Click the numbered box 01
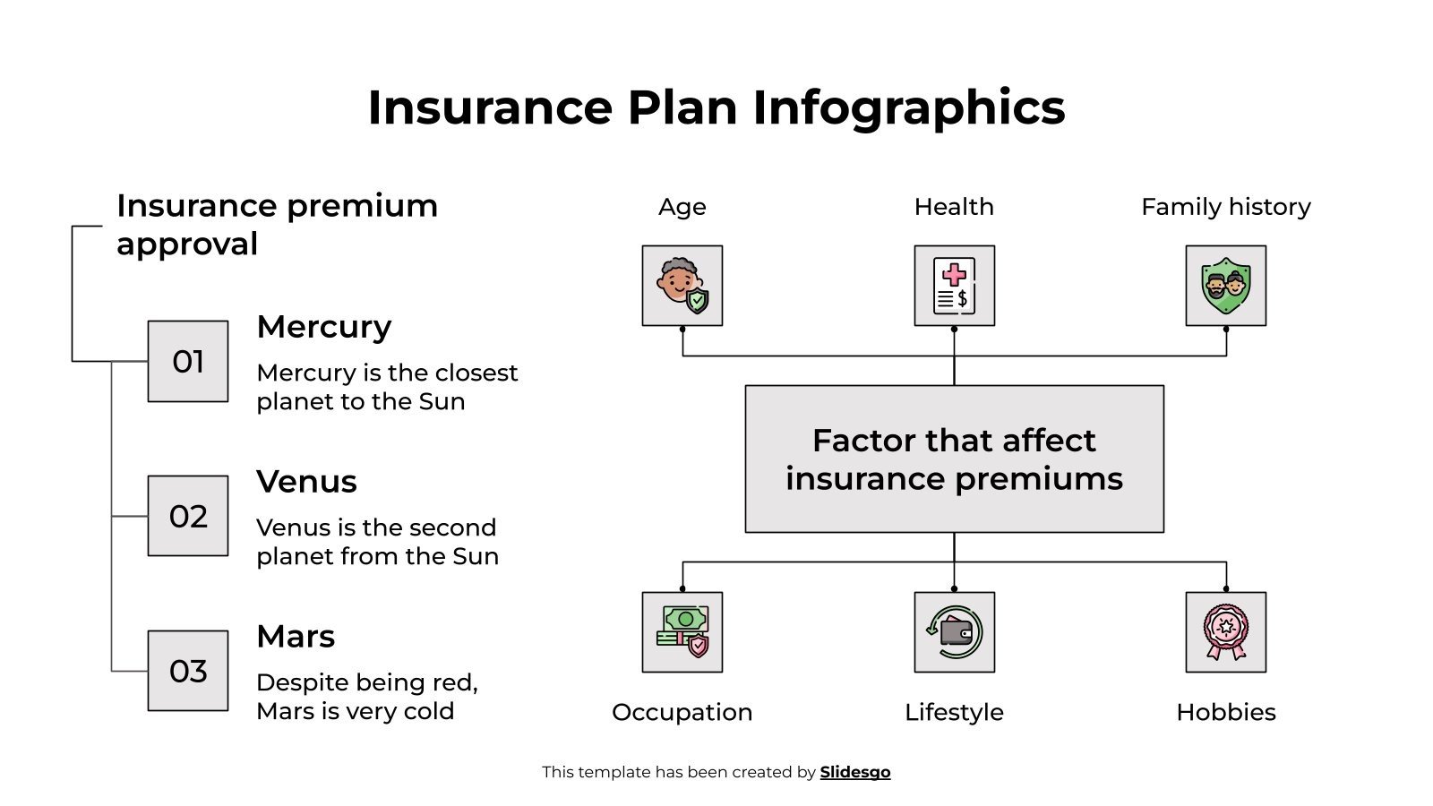coord(188,361)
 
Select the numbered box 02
coord(188,516)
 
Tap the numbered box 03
coord(188,671)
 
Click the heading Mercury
coord(324,327)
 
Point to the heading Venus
coord(306,482)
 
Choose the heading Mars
coord(296,637)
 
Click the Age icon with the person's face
coord(682,286)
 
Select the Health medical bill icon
coord(954,286)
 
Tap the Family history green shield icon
coord(1225,286)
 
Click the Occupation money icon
coord(682,632)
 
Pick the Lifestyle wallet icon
coord(954,632)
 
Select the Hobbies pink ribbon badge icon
coord(1225,632)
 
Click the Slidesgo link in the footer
coord(854,772)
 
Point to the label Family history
coord(1225,207)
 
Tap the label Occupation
coord(682,712)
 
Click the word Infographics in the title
coord(908,107)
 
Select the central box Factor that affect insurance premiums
coord(954,459)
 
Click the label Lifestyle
coord(954,712)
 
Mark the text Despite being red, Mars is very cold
coord(367,697)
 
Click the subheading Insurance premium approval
coord(276,224)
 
